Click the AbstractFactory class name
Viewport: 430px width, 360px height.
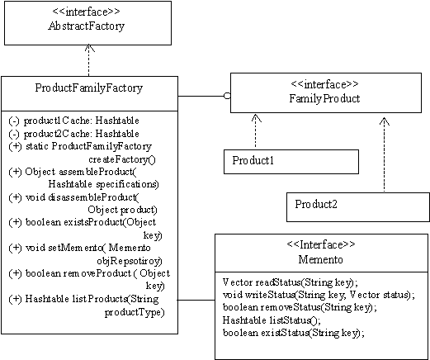point(86,26)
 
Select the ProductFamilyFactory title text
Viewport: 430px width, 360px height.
point(89,88)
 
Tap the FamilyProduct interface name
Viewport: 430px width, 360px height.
point(324,98)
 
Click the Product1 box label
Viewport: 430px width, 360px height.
point(253,160)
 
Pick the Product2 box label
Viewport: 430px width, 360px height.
point(316,204)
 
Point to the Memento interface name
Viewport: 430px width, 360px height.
point(320,259)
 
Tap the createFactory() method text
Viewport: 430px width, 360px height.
point(122,159)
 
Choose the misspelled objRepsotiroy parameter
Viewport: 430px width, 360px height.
point(130,261)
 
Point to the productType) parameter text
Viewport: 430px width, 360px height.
point(135,312)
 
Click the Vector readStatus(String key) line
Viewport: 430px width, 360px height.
point(291,282)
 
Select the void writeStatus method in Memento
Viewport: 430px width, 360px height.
point(319,295)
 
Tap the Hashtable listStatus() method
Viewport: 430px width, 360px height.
point(272,320)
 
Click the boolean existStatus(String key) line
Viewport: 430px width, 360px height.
point(294,333)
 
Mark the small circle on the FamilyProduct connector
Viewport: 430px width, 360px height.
point(227,96)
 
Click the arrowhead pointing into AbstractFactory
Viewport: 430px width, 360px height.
point(88,48)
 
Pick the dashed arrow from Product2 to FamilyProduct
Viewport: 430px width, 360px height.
point(385,154)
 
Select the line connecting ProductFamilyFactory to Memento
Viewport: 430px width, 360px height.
point(196,300)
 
